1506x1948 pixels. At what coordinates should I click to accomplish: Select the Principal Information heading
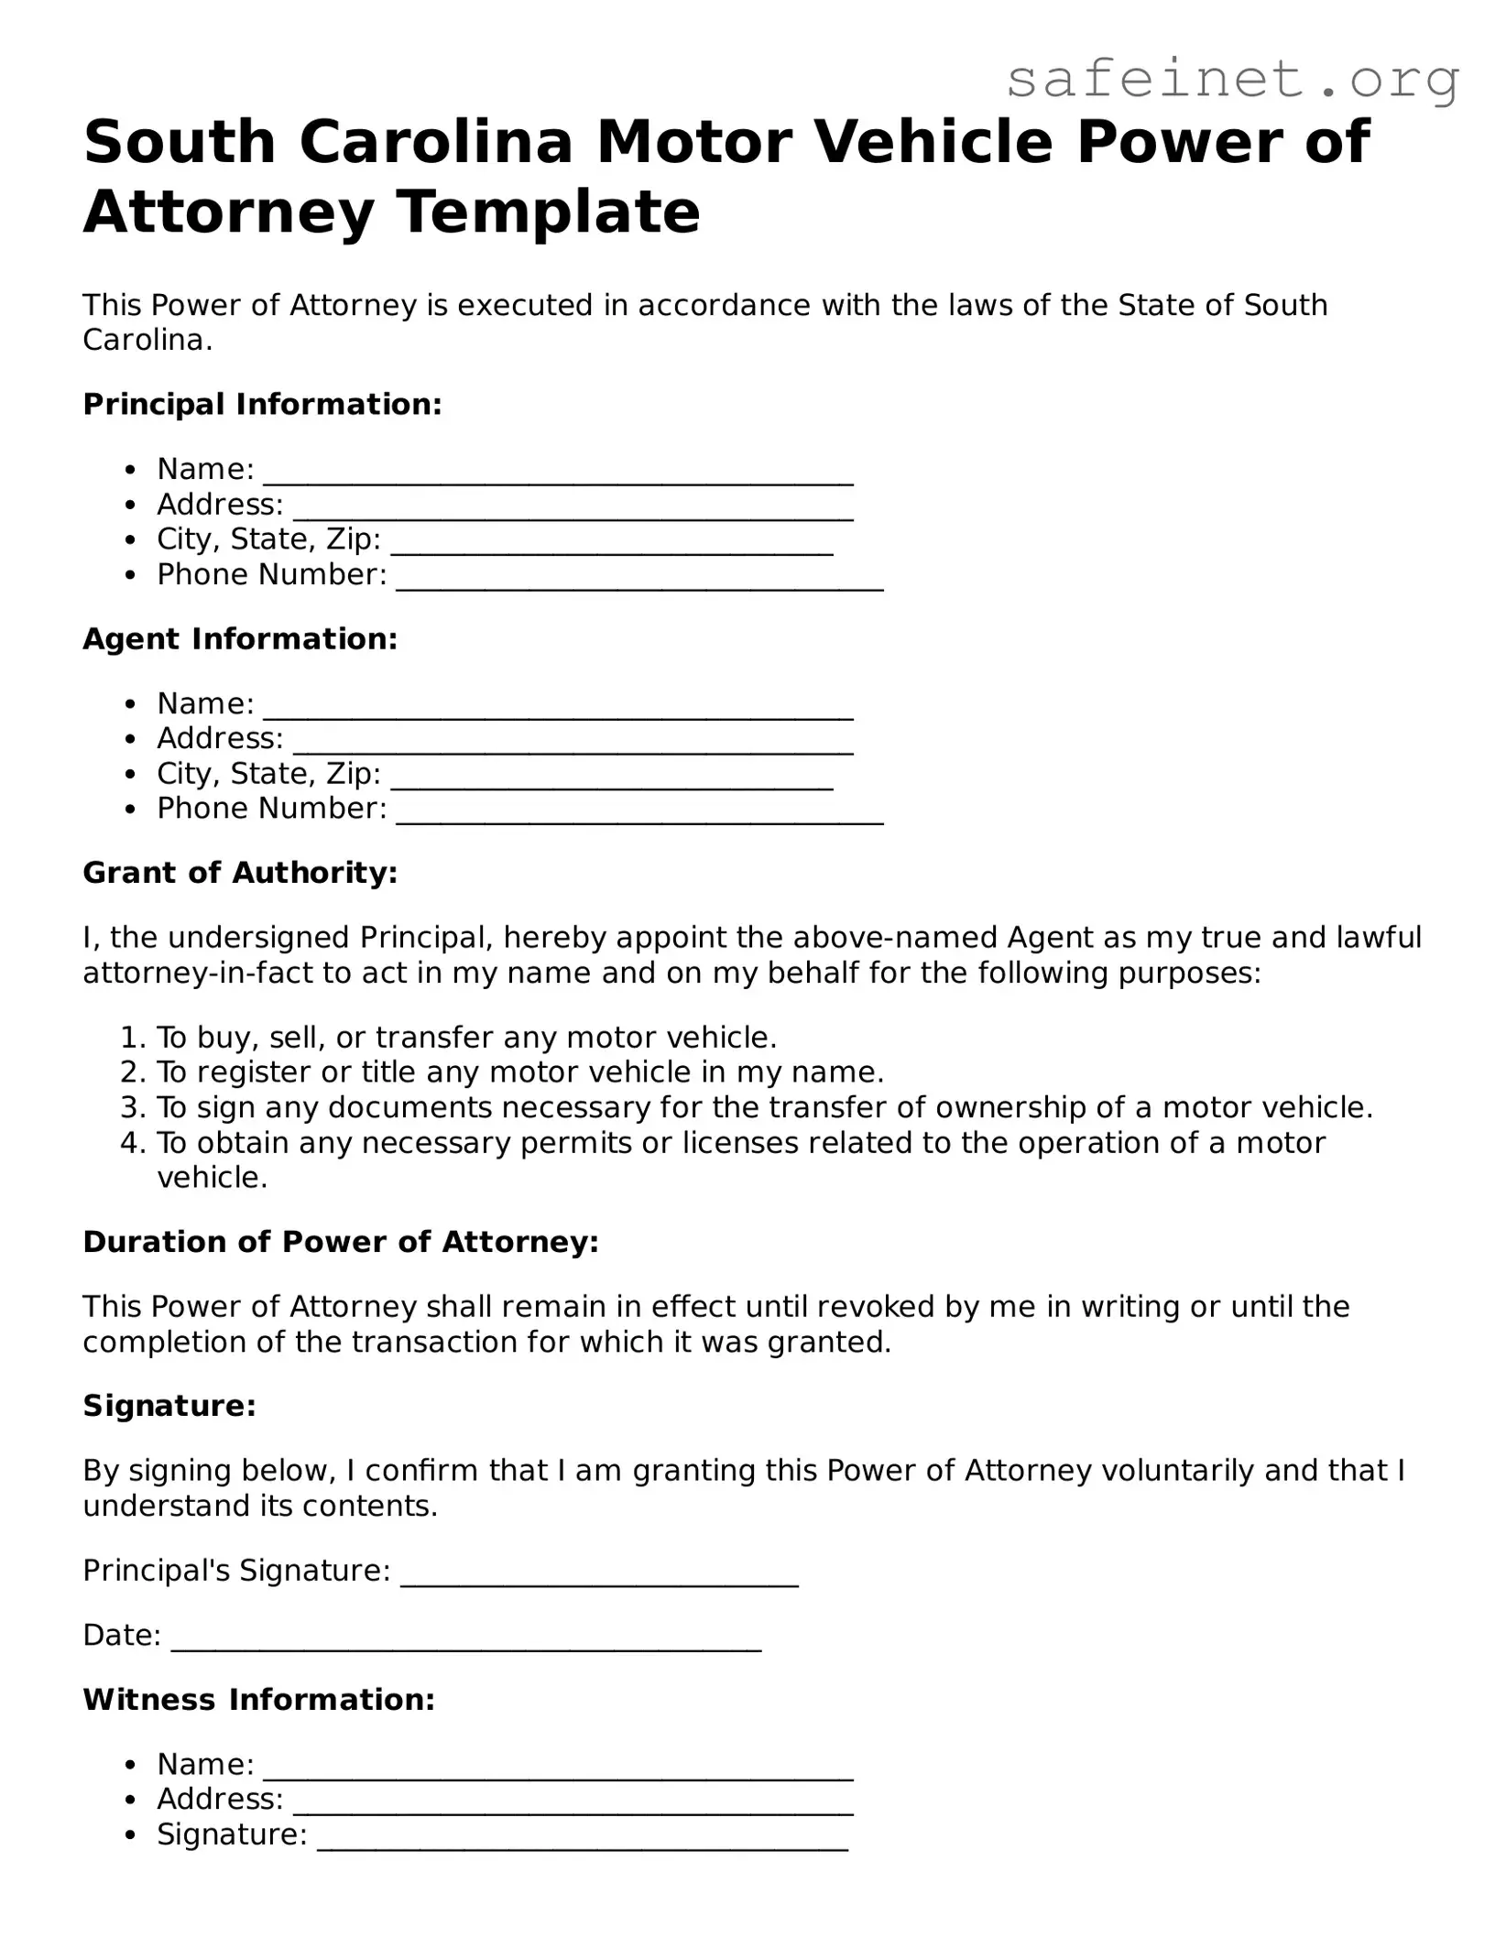pyautogui.click(x=262, y=404)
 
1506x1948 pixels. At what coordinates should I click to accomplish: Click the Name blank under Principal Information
pyautogui.click(x=558, y=474)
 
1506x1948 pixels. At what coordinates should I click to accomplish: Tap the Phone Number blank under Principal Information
pyautogui.click(x=639, y=581)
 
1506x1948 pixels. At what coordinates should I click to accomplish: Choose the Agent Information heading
pyautogui.click(x=240, y=638)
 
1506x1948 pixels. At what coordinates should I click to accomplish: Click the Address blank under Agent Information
pyautogui.click(x=573, y=744)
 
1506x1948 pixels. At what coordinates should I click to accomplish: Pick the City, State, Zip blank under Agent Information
pyautogui.click(x=612, y=779)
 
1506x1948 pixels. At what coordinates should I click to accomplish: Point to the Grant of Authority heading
pyautogui.click(x=240, y=872)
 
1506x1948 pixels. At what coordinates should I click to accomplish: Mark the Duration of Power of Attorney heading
pyautogui.click(x=340, y=1242)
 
